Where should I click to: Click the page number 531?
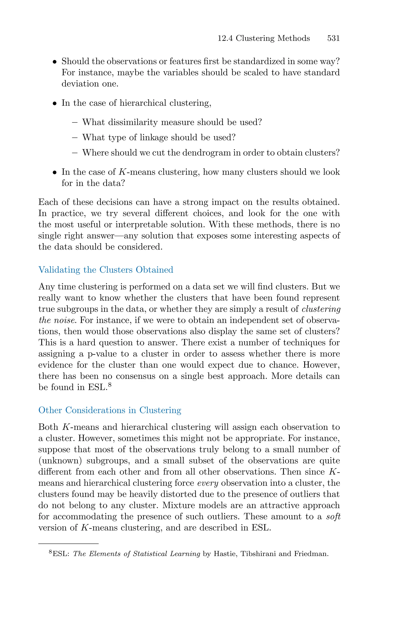click(x=333, y=39)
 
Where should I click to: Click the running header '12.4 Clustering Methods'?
click(x=264, y=39)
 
